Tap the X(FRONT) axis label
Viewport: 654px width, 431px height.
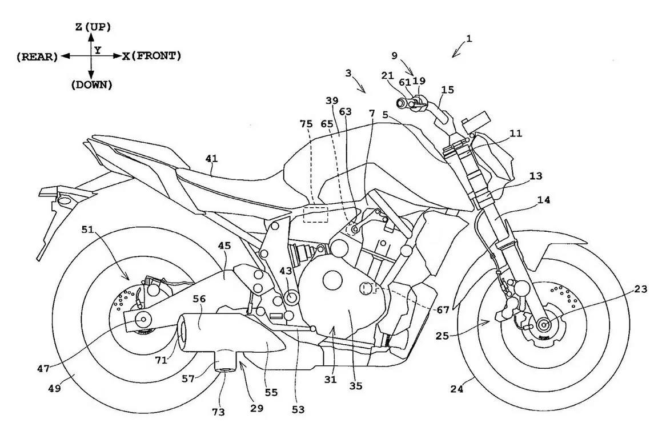(x=151, y=56)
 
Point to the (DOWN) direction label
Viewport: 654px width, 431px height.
(x=91, y=84)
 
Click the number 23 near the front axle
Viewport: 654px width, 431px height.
(x=640, y=289)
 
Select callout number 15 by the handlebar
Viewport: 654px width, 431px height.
(x=448, y=90)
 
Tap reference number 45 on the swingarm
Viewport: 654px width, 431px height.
(x=224, y=245)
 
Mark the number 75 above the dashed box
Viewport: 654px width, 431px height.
(x=307, y=124)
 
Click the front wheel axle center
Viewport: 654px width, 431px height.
(x=542, y=325)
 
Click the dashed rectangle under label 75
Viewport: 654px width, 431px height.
(x=315, y=214)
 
